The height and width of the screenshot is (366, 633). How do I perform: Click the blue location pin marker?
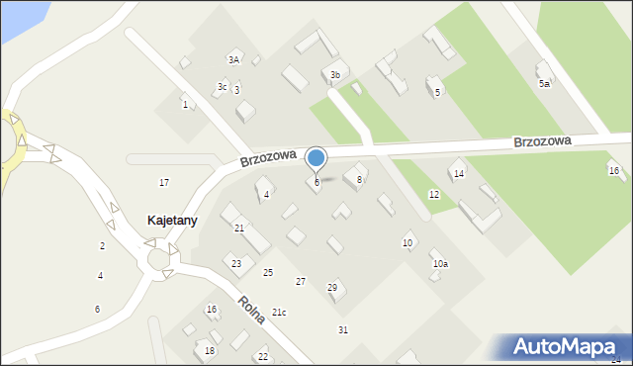point(316,159)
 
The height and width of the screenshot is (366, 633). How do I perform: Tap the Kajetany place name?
point(172,221)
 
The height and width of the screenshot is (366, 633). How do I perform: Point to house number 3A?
point(234,60)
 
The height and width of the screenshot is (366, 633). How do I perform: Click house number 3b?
point(335,75)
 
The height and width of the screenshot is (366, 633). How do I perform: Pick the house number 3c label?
point(223,87)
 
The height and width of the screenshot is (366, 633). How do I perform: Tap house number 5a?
point(544,84)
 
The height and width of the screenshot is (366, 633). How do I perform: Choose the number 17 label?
point(164,183)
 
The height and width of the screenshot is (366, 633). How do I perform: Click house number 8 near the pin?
point(359,180)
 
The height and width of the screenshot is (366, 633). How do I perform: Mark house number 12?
point(433,195)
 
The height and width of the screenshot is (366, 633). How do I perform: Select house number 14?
point(458,174)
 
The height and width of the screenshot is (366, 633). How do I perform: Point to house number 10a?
point(440,264)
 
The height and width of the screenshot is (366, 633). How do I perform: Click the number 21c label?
point(279,313)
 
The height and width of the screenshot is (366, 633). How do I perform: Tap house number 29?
point(332,288)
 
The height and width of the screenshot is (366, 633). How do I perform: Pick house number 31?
point(343,329)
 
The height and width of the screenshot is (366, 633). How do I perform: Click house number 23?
point(236,263)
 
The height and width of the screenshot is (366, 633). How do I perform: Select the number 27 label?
point(301,282)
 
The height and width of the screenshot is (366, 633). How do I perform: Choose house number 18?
point(210,351)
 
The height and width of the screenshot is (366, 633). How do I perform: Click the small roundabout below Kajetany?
point(158,259)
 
